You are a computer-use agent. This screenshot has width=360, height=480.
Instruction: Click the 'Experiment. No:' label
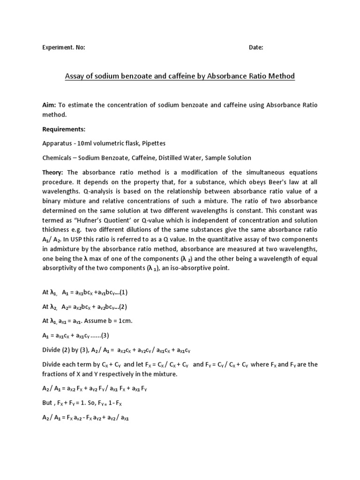(64, 47)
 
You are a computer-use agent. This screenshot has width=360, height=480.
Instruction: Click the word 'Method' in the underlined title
(279, 76)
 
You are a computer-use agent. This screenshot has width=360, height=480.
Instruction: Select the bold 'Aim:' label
(49, 105)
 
